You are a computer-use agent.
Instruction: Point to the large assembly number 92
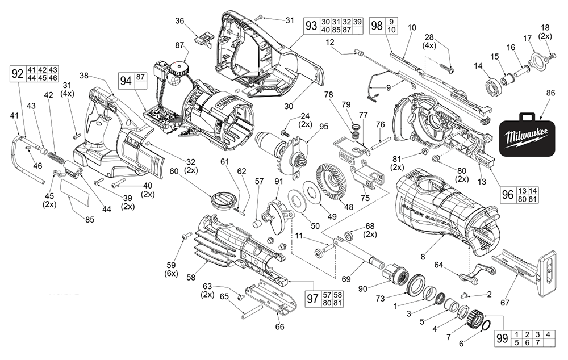pos(18,74)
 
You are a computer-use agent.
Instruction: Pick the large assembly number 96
pos(508,194)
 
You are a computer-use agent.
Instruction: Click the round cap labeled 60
pos(222,200)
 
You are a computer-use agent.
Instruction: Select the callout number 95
pos(324,126)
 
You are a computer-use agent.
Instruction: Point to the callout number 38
pos(84,74)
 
